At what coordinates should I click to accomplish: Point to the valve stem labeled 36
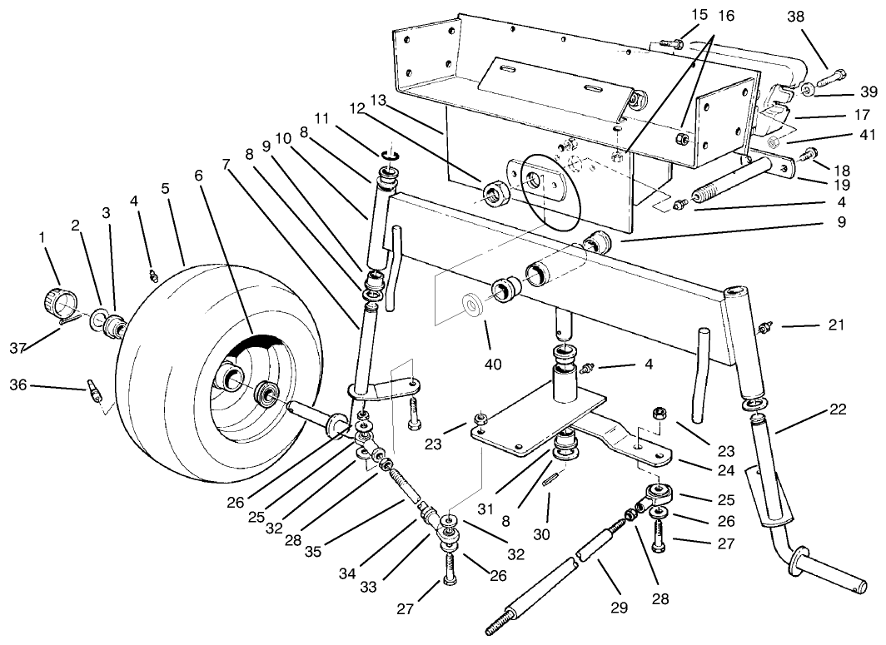93,389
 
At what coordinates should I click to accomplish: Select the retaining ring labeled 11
391,154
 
